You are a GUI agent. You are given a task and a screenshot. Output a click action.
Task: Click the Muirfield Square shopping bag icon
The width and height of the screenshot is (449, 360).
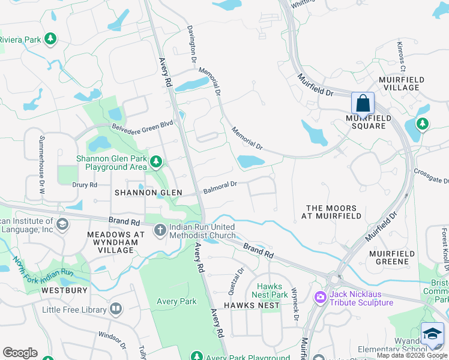tap(363, 103)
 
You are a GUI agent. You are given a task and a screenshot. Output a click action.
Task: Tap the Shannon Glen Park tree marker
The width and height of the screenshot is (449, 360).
tap(156, 161)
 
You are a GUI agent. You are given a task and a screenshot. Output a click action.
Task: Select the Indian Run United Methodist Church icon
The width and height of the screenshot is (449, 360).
tap(160, 230)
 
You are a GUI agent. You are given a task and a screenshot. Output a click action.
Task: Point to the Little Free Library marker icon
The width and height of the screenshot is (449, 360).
tap(115, 310)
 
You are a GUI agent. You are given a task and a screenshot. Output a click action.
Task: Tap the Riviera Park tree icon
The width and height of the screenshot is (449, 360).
tap(51, 40)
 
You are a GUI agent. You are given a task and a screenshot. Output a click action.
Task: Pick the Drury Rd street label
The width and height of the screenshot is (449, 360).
tap(85, 185)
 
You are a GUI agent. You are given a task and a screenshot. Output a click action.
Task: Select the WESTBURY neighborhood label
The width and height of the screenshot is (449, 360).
tap(64, 290)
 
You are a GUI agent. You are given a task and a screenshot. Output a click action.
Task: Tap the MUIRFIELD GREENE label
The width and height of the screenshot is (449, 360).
tap(393, 257)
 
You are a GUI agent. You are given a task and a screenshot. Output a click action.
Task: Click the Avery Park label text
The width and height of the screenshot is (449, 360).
tap(176, 301)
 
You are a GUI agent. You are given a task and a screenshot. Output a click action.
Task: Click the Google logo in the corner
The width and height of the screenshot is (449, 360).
tap(20, 353)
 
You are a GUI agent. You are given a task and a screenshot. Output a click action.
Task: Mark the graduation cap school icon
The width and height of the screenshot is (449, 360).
tap(432, 334)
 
